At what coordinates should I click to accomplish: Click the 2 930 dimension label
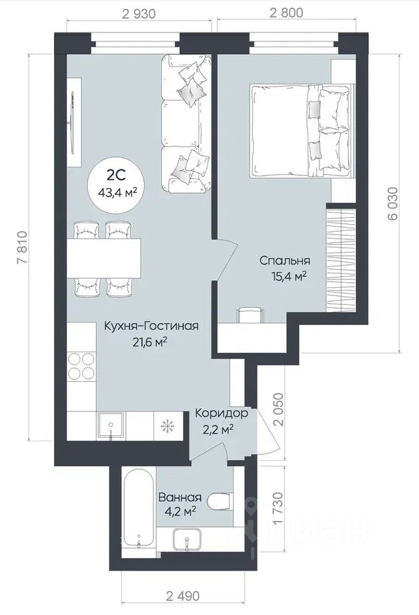tap(139, 14)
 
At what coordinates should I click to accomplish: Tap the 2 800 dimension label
tap(286, 13)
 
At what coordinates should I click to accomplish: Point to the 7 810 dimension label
tap(22, 248)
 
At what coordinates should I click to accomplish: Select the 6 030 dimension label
tap(393, 204)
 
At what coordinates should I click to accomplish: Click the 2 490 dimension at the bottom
tap(183, 596)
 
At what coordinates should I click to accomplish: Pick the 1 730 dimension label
tap(277, 508)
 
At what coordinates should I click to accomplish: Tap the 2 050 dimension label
tap(277, 410)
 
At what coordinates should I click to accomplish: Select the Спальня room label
tap(285, 260)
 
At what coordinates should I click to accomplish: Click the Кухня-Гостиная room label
tap(151, 326)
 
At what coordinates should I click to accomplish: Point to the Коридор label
tap(221, 413)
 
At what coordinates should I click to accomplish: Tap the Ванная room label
tap(180, 497)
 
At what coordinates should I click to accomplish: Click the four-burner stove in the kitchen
tap(82, 366)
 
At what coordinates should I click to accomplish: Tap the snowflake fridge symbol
tap(169, 425)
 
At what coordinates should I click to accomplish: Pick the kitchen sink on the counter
tap(111, 425)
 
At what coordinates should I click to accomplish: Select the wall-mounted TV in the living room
tap(73, 122)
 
